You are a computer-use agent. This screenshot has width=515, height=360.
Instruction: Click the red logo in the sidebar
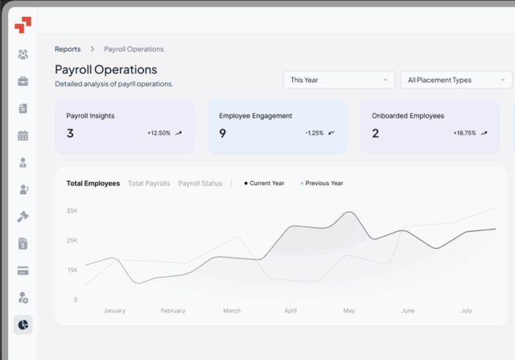pyautogui.click(x=23, y=25)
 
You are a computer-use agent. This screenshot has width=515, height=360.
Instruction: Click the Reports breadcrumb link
pyautogui.click(x=68, y=49)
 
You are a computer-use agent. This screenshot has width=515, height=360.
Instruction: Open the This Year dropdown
pyautogui.click(x=339, y=80)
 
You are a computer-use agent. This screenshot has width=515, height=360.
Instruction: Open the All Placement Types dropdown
pyautogui.click(x=455, y=80)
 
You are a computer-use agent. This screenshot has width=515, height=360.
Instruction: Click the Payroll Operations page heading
pyautogui.click(x=105, y=69)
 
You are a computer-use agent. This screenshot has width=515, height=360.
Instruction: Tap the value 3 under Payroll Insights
pyautogui.click(x=70, y=133)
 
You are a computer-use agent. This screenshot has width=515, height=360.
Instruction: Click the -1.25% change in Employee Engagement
pyautogui.click(x=314, y=133)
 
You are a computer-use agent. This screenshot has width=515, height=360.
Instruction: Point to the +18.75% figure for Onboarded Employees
pyautogui.click(x=464, y=133)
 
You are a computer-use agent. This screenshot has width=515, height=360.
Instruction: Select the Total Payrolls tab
pyautogui.click(x=149, y=183)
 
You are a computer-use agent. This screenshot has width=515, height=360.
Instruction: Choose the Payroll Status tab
pyautogui.click(x=200, y=183)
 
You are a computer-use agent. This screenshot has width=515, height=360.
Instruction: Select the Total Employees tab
pyautogui.click(x=93, y=183)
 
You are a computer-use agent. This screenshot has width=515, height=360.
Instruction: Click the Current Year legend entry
pyautogui.click(x=266, y=183)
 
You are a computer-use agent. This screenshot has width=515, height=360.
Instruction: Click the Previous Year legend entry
pyautogui.click(x=323, y=183)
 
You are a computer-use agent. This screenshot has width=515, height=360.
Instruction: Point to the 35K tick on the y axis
pyautogui.click(x=72, y=211)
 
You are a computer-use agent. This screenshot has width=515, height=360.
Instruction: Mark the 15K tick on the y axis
pyautogui.click(x=72, y=270)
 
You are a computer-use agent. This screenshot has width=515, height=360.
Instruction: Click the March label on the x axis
pyautogui.click(x=232, y=310)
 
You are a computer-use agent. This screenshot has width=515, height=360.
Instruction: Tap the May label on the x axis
pyautogui.click(x=349, y=310)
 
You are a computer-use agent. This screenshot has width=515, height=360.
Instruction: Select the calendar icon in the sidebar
pyautogui.click(x=23, y=135)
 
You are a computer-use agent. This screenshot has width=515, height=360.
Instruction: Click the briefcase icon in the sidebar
pyautogui.click(x=23, y=81)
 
